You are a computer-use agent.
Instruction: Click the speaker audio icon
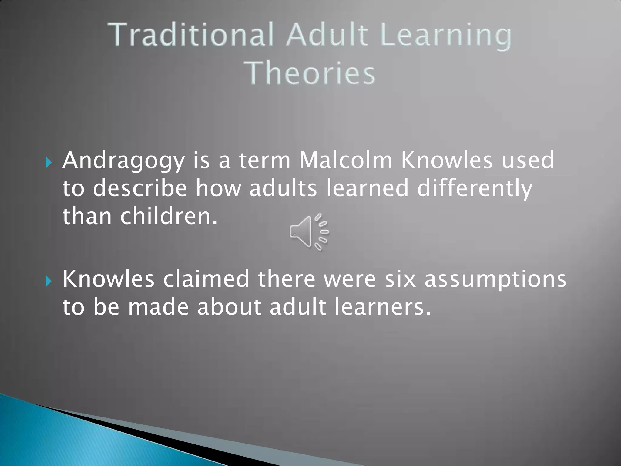pyautogui.click(x=309, y=232)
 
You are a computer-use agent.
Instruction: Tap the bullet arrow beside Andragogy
pyautogui.click(x=49, y=163)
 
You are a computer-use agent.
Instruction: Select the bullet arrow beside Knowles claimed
pyautogui.click(x=49, y=282)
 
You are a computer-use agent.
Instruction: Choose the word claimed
pyautogui.click(x=206, y=279)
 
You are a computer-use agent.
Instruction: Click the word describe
pyautogui.click(x=140, y=188)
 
